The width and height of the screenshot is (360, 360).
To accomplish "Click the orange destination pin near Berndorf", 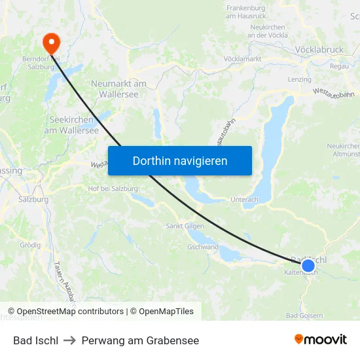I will coord(51,43).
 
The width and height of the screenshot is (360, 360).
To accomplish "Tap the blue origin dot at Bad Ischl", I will coord(308,265).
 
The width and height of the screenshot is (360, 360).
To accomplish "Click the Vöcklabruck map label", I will coord(319,49).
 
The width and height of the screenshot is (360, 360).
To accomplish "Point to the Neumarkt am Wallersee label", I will coord(118,89).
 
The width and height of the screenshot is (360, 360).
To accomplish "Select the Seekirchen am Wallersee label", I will coord(71,125).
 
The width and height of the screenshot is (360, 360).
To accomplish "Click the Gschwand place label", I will coord(203,247).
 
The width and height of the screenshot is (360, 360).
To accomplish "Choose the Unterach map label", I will coord(244,200).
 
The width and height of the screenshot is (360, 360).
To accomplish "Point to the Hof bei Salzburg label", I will coord(113,189).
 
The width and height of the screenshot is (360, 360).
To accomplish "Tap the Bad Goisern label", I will coord(304,315).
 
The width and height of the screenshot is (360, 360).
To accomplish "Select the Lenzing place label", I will coord(299,79).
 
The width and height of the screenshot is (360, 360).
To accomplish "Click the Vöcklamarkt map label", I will coord(242,59).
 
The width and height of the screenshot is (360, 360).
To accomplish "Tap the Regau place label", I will coord(339,66).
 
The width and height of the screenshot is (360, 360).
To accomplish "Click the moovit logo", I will coord(321,340).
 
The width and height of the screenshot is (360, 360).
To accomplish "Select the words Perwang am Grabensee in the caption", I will coord(140,340).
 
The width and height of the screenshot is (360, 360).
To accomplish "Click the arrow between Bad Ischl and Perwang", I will coord(70,340).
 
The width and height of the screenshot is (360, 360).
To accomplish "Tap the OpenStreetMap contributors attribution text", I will coord(70,312).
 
